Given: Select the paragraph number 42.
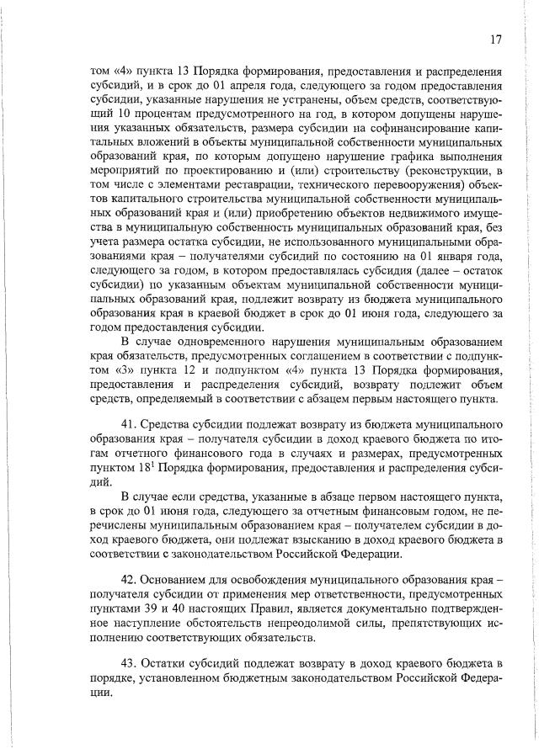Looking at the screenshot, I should pos(130,580).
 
